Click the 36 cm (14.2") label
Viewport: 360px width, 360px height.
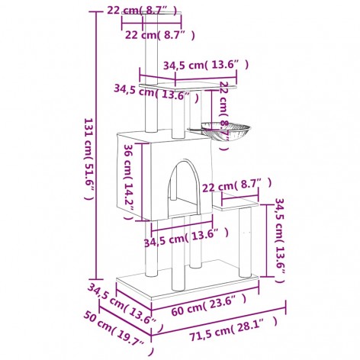130,178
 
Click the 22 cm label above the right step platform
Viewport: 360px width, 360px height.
236,185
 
